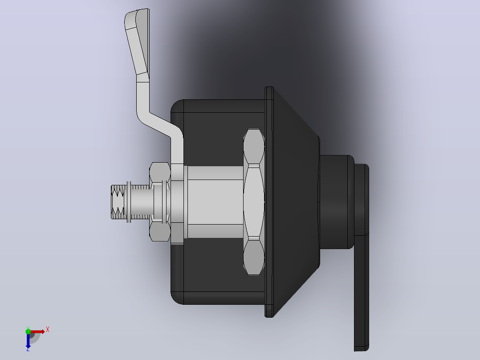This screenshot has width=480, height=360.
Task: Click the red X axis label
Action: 48,330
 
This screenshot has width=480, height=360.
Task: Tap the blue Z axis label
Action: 28,349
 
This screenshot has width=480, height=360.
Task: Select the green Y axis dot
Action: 28,331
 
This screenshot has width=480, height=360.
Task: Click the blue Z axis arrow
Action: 28,340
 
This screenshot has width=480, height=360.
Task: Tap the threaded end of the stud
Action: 118,202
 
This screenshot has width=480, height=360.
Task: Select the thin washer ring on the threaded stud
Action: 129,202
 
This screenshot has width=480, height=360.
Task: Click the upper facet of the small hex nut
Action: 160,172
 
